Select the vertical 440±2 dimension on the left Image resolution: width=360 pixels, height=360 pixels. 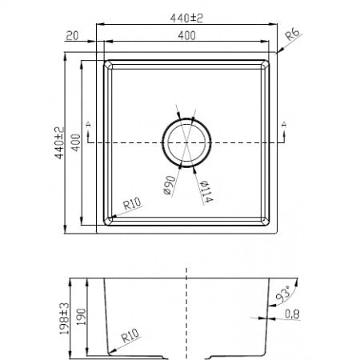click(58, 143)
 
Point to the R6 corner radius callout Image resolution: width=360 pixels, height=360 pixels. click(294, 33)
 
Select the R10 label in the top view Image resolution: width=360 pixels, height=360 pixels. click(132, 206)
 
